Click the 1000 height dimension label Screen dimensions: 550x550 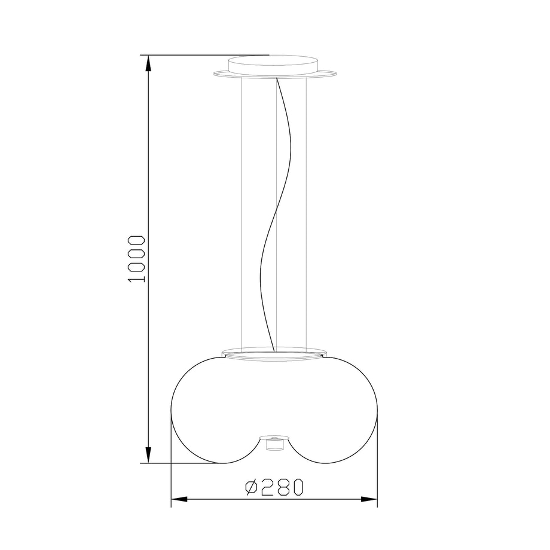point(137,259)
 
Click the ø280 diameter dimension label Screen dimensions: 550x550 point(274,487)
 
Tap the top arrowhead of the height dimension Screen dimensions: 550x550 point(148,63)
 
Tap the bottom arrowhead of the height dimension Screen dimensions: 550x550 point(148,455)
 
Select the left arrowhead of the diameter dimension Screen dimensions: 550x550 point(179,499)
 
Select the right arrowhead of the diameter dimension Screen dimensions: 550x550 point(369,499)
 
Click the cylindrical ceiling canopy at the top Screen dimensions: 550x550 point(274,66)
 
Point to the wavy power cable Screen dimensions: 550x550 point(276,214)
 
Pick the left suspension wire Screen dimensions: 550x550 point(242,213)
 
